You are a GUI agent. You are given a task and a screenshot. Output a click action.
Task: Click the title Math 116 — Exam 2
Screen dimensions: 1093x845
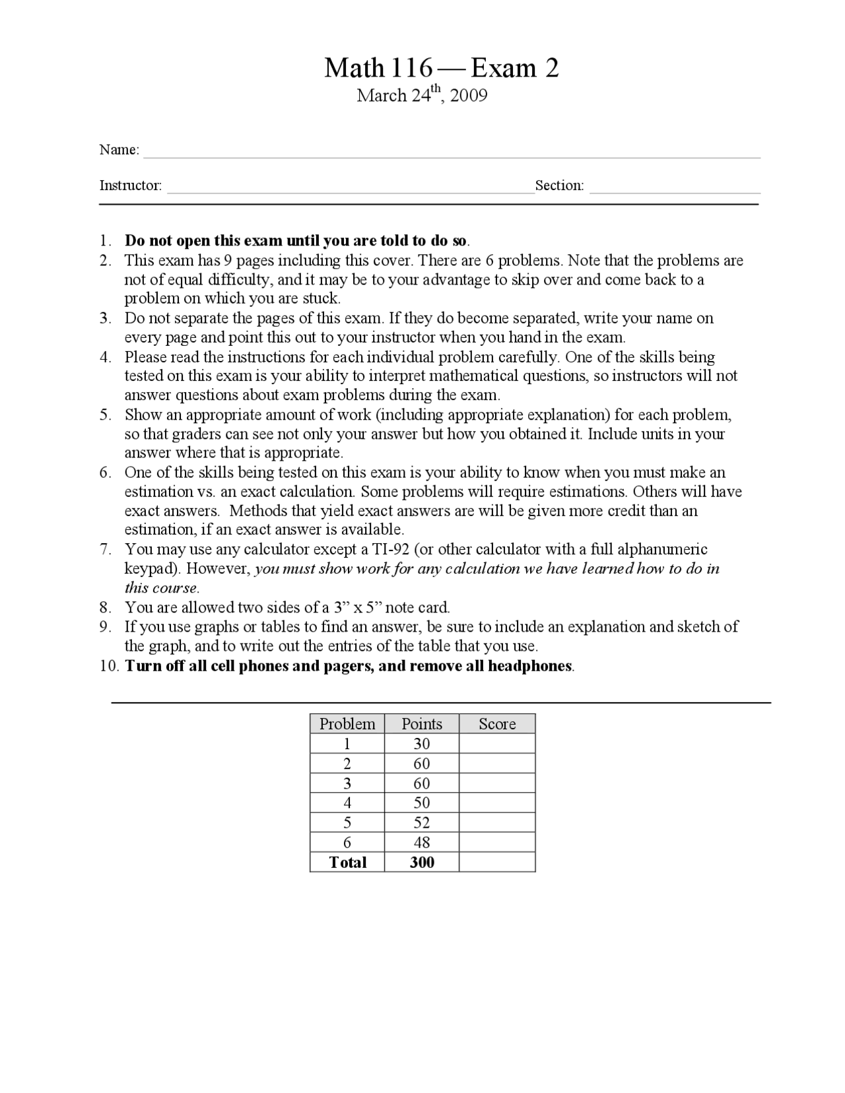click(x=441, y=68)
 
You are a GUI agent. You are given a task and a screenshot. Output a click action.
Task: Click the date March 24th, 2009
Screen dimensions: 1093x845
click(x=422, y=96)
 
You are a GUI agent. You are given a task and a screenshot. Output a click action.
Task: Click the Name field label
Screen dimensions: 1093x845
click(x=119, y=150)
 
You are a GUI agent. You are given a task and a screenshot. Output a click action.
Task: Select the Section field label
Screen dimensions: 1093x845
click(x=559, y=185)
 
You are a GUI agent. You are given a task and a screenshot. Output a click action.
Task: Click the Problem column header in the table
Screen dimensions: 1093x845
click(x=347, y=724)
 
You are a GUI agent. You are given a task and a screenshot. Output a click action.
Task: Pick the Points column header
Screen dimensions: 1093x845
click(x=422, y=724)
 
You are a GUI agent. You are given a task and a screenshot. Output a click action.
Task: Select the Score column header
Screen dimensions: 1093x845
click(x=497, y=724)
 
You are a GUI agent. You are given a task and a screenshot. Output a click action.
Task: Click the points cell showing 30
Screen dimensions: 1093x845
click(x=422, y=744)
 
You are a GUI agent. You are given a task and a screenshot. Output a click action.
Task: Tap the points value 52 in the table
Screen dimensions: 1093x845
click(x=422, y=822)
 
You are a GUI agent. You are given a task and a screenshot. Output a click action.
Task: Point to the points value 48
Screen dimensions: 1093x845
click(x=422, y=842)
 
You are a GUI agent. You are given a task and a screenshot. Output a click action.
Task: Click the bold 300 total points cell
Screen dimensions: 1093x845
click(x=422, y=862)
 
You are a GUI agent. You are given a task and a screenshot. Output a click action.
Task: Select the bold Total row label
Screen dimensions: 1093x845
click(x=347, y=862)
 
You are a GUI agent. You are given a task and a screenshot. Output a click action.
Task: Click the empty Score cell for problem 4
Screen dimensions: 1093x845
click(x=497, y=803)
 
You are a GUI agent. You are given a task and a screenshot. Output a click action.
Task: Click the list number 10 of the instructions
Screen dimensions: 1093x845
click(x=108, y=666)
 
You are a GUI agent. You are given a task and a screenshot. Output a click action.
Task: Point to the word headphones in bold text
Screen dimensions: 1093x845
click(x=529, y=666)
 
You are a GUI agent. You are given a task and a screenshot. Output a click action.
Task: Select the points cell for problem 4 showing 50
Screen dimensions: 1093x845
click(x=422, y=803)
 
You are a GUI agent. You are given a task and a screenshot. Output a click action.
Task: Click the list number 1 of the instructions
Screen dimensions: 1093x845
click(x=104, y=240)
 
